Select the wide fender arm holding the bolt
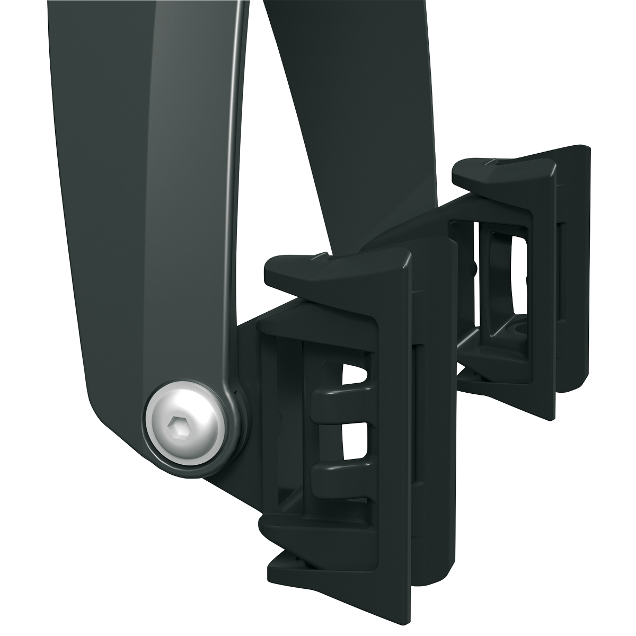click(143, 212)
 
